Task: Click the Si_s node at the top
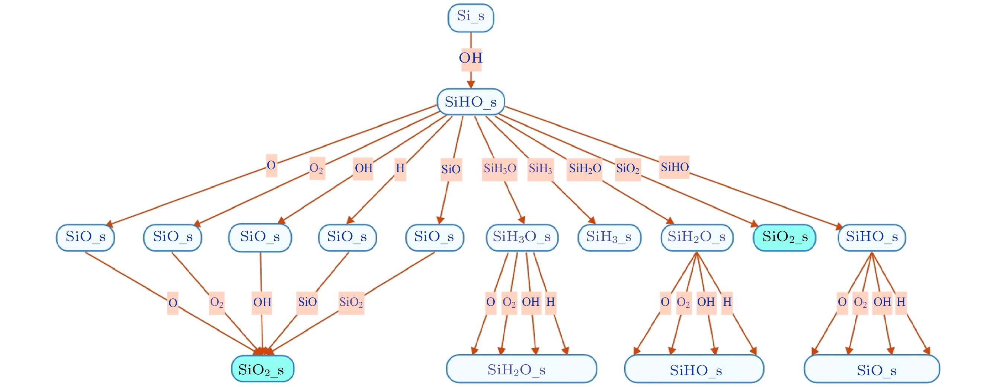tap(471, 18)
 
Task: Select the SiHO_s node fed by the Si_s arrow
tap(471, 102)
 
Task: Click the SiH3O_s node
tap(522, 237)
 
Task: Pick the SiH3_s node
tap(609, 237)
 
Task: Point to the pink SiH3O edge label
tap(500, 169)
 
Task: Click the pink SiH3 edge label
tap(540, 169)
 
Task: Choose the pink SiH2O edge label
tap(585, 169)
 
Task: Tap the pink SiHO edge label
tap(674, 167)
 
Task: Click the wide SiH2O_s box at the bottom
tap(521, 369)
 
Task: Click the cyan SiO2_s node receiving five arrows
tap(263, 369)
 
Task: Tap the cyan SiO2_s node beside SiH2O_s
tap(785, 237)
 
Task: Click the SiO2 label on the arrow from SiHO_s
tap(628, 169)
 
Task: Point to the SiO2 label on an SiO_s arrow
tap(351, 302)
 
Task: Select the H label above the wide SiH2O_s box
tap(551, 302)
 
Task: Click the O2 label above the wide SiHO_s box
tap(683, 302)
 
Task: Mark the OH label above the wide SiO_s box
tap(882, 302)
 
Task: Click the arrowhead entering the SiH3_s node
tap(592, 221)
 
